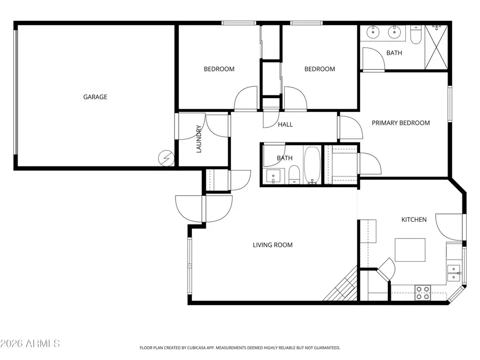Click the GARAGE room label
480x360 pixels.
pyautogui.click(x=95, y=97)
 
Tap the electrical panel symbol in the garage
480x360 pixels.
pyautogui.click(x=165, y=158)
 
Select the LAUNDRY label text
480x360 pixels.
pyautogui.click(x=199, y=139)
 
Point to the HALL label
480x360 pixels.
pyautogui.click(x=285, y=125)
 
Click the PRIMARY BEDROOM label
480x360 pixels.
pyautogui.click(x=401, y=123)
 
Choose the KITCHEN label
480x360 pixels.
pyautogui.click(x=414, y=219)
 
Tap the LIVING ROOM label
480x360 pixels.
pyautogui.click(x=273, y=245)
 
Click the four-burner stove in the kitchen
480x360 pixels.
pyautogui.click(x=423, y=292)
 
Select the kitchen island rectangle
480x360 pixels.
pyautogui.click(x=410, y=250)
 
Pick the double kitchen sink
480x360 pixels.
pyautogui.click(x=454, y=273)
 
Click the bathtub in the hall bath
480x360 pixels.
pyautogui.click(x=313, y=165)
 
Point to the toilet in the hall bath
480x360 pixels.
pyautogui.click(x=294, y=175)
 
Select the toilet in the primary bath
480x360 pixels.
pyautogui.click(x=416, y=35)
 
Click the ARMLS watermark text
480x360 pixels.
pyautogui.click(x=30, y=343)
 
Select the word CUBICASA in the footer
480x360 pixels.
pyautogui.click(x=199, y=348)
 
